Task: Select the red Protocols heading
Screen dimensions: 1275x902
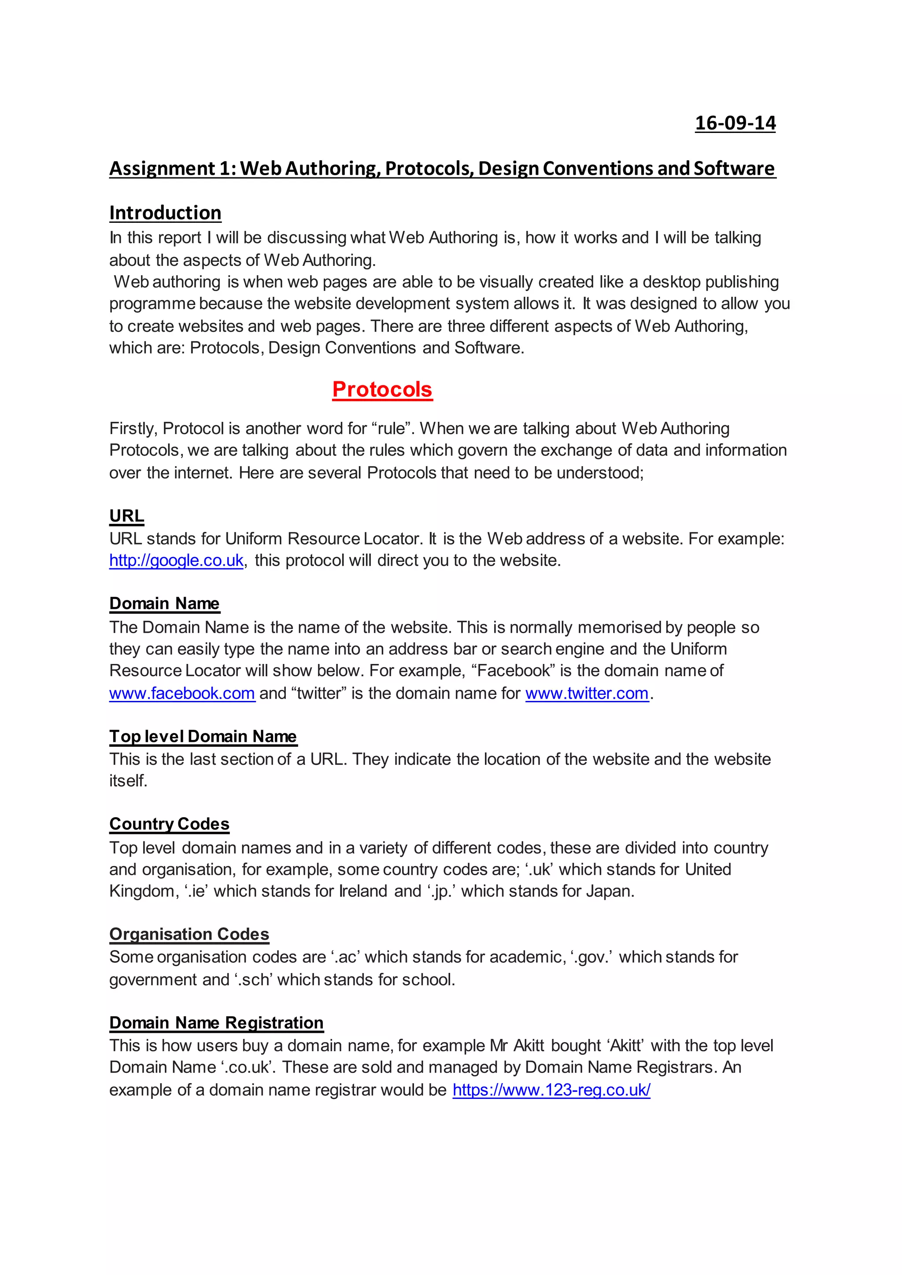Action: pyautogui.click(x=382, y=389)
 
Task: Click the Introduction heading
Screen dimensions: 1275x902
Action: pyautogui.click(x=165, y=213)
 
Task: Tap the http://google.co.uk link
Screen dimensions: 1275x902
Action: pyautogui.click(x=176, y=560)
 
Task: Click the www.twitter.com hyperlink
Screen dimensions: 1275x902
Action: pyautogui.click(x=587, y=693)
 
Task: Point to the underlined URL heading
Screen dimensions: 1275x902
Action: pyautogui.click(x=127, y=516)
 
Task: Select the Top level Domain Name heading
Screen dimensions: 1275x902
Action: pyautogui.click(x=203, y=737)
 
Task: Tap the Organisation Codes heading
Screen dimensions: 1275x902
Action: pyautogui.click(x=189, y=934)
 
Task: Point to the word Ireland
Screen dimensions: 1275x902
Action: pyautogui.click(x=362, y=891)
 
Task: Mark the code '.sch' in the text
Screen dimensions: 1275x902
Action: pyautogui.click(x=253, y=980)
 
